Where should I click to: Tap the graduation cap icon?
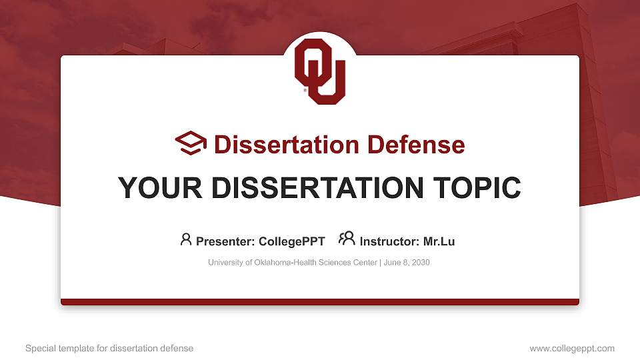(x=191, y=144)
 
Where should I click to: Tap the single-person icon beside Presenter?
(x=186, y=239)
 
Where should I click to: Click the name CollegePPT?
(x=292, y=241)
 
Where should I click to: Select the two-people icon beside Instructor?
(x=347, y=239)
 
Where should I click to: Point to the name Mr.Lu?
(x=439, y=241)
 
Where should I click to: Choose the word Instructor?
(x=389, y=241)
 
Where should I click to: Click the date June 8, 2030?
(x=407, y=263)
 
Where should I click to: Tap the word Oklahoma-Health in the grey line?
(x=281, y=263)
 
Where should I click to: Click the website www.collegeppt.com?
(x=572, y=348)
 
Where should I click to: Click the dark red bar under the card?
(x=320, y=302)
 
